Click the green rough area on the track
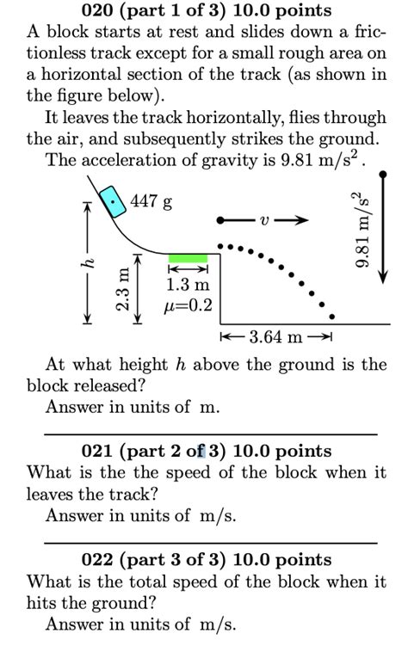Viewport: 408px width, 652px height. point(188,257)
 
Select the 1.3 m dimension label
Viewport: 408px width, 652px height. point(188,285)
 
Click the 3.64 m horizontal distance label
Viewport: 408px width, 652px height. point(275,335)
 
